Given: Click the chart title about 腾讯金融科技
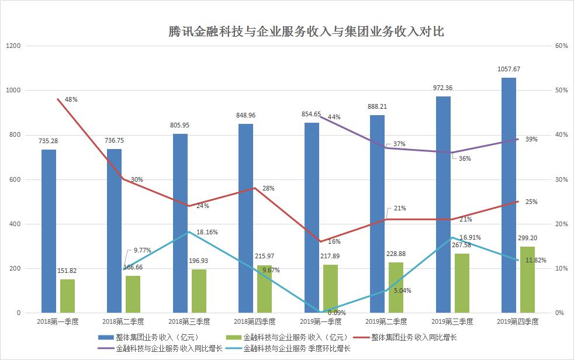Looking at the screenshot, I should click(x=306, y=31).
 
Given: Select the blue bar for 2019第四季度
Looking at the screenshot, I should click(x=509, y=195).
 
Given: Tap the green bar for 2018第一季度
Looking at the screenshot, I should click(x=68, y=296).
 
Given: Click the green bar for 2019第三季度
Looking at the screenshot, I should click(x=462, y=283).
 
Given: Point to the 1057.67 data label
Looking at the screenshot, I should click(x=509, y=69).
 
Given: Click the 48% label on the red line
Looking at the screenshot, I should click(x=71, y=99).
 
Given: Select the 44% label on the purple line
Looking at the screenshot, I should click(x=334, y=117).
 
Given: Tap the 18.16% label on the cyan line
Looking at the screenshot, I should click(x=208, y=232).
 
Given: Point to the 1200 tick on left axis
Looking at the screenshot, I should click(x=13, y=46).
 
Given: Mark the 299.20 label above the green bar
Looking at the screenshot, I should click(x=528, y=238).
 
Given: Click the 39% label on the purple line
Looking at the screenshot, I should click(x=531, y=139).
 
